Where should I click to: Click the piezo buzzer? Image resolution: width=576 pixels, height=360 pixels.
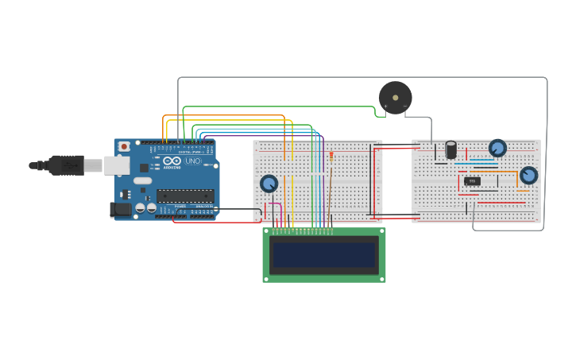point(395,97)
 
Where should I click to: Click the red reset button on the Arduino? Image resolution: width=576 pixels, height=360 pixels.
point(124,147)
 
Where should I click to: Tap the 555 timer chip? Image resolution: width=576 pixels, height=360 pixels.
point(472,181)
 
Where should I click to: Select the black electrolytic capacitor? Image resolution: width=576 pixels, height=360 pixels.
point(450,149)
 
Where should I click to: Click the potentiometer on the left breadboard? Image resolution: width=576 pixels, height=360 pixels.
point(269,184)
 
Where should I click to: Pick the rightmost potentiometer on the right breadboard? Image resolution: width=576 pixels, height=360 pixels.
point(528,175)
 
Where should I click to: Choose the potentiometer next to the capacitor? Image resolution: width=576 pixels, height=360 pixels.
point(497,148)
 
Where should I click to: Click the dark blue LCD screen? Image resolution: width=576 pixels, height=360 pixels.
point(323,255)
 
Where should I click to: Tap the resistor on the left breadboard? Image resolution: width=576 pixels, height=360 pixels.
point(331,156)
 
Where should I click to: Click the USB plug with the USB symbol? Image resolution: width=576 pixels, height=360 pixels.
point(67,165)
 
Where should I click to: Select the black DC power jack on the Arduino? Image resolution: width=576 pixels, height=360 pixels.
point(119,209)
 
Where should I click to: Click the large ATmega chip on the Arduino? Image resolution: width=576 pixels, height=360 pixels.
point(185,195)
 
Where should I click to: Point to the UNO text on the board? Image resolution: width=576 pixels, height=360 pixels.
point(193,161)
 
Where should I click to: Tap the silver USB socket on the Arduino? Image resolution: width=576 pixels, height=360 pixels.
point(117,165)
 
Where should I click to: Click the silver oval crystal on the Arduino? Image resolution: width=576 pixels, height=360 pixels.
point(143,180)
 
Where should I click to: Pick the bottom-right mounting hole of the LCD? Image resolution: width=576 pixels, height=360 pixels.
point(381,278)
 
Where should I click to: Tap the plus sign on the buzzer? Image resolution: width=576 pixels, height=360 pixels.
point(386,106)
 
